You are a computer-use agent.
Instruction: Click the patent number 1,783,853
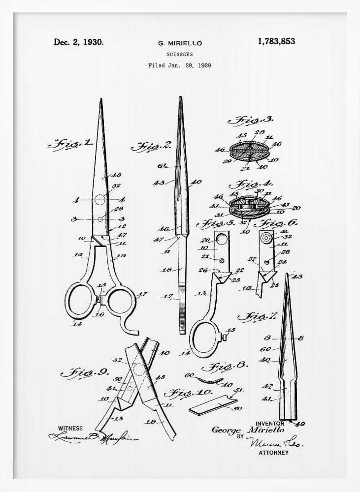[276, 41]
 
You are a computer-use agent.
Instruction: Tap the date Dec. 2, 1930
[79, 42]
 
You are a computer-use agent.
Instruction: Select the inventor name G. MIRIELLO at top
[180, 43]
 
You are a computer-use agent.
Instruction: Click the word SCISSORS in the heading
[180, 55]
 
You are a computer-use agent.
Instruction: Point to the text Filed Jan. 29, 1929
[180, 65]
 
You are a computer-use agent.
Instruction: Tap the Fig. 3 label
[254, 120]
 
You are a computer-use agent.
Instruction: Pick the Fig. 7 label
[257, 316]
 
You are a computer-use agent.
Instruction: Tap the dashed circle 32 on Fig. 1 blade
[100, 200]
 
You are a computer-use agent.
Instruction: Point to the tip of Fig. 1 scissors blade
[101, 100]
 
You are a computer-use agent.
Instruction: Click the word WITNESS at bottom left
[70, 428]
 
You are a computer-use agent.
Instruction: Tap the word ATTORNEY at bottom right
[273, 453]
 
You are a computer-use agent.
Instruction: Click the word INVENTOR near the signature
[270, 423]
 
